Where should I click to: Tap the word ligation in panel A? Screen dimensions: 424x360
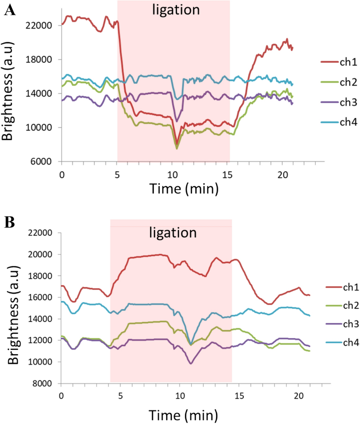pyautogui.click(x=176, y=10)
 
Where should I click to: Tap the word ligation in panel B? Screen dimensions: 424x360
pyautogui.click(x=173, y=233)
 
